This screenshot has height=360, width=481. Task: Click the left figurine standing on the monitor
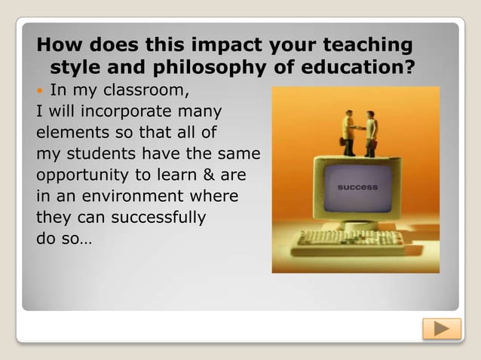click(x=348, y=133)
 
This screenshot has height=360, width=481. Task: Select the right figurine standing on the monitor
click(x=371, y=133)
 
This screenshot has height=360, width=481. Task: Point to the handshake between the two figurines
click(x=360, y=127)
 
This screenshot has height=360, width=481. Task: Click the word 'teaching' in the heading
click(x=364, y=44)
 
